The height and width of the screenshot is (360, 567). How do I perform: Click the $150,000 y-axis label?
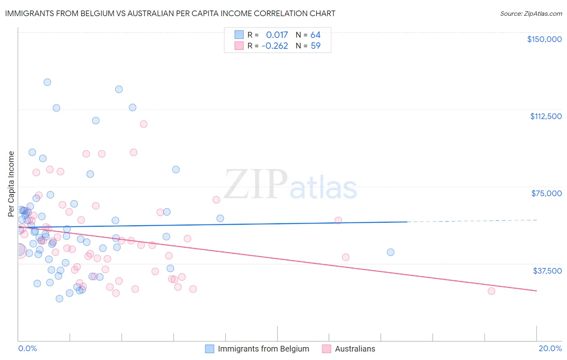(x=544, y=39)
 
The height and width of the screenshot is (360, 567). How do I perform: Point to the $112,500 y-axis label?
(x=546, y=116)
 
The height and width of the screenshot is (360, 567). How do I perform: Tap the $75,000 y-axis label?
(x=546, y=193)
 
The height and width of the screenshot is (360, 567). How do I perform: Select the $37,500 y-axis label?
(x=547, y=271)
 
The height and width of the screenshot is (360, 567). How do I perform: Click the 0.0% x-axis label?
(x=27, y=348)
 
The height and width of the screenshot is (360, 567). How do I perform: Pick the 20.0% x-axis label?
(x=550, y=348)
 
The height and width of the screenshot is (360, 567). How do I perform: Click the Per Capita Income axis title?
(x=11, y=184)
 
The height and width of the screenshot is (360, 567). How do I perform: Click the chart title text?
(x=170, y=13)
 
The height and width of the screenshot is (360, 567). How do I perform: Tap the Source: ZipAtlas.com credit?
(x=531, y=13)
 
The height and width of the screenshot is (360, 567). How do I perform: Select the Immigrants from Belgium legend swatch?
(x=209, y=349)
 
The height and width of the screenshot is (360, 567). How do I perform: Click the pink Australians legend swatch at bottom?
(x=326, y=349)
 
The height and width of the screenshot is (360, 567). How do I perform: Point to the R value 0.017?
(x=277, y=35)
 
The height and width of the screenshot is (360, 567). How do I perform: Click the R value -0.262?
(x=275, y=46)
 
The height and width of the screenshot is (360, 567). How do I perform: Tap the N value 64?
(x=315, y=35)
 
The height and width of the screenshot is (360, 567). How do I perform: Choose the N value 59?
(x=315, y=46)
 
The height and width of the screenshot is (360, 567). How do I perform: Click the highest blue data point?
(x=47, y=82)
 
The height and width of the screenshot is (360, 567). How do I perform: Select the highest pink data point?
(x=144, y=124)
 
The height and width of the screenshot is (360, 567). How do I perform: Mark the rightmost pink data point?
(x=491, y=291)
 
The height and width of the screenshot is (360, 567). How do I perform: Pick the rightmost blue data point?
(x=390, y=252)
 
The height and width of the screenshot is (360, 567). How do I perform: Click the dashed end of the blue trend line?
(x=472, y=221)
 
